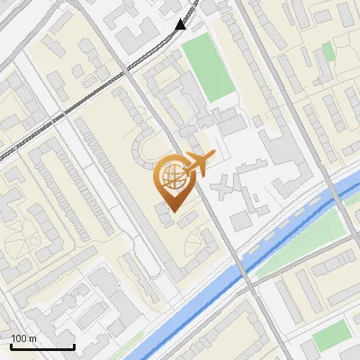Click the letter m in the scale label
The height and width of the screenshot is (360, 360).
(x=33, y=338)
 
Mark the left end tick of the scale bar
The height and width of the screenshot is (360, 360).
(x=12, y=346)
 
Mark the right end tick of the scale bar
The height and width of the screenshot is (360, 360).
(x=74, y=346)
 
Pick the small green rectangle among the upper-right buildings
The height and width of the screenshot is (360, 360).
(x=328, y=52)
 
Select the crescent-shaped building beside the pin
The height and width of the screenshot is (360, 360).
(x=142, y=148)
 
